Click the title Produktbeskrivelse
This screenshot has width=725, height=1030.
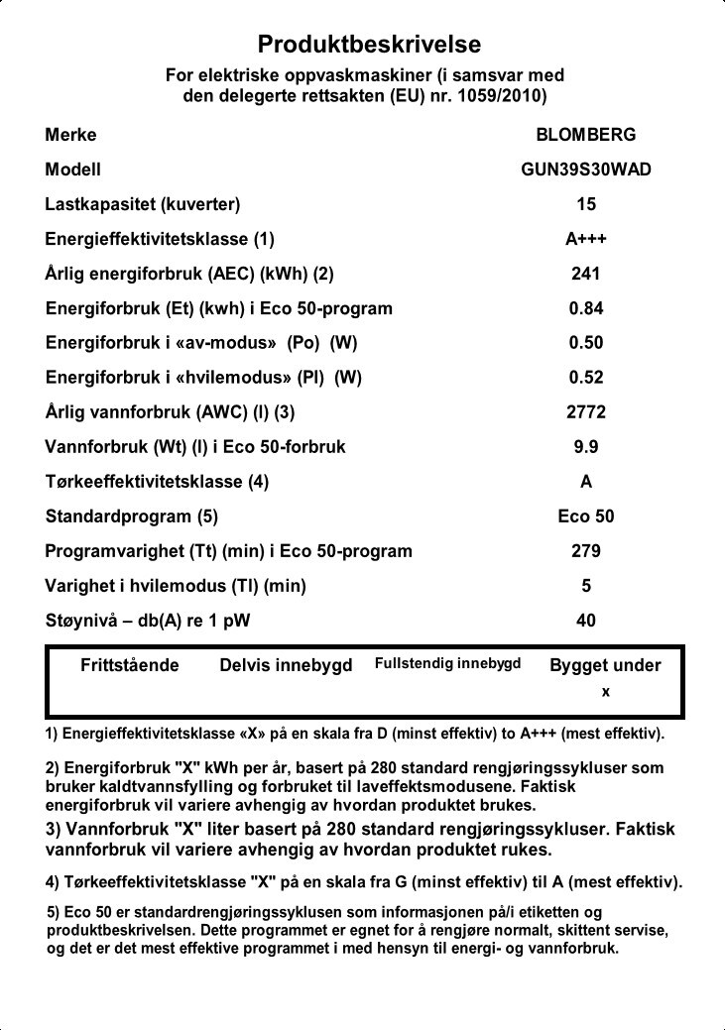[369, 45]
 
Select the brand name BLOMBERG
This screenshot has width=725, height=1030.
[585, 135]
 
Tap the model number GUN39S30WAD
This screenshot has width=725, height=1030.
[586, 170]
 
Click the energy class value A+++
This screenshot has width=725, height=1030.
[586, 239]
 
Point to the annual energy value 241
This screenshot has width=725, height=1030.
[586, 274]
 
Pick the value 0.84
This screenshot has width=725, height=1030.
[586, 308]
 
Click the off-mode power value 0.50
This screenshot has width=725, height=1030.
[586, 343]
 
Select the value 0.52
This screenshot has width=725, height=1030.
[586, 378]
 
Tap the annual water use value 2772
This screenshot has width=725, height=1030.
[586, 412]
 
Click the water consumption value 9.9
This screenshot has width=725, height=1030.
[586, 447]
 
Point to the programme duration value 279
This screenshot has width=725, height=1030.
[586, 551]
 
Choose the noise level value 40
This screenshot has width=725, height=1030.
[586, 621]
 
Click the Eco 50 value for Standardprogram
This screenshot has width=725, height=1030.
[586, 516]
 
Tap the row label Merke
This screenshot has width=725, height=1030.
[71, 135]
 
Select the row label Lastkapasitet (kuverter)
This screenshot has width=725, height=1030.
[143, 204]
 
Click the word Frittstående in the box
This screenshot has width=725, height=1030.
[130, 665]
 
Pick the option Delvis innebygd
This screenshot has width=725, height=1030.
[286, 665]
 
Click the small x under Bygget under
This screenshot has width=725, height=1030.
[606, 691]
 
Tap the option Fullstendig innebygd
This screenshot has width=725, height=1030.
[447, 663]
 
